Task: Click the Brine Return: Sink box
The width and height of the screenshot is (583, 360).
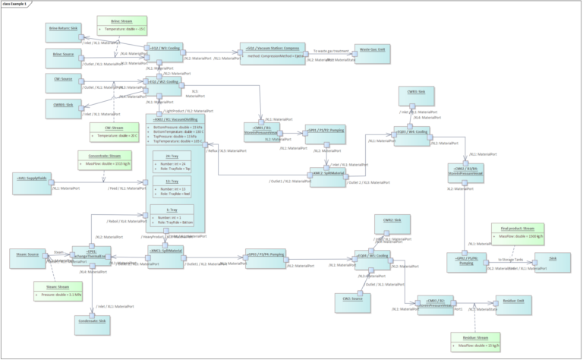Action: click(x=64, y=30)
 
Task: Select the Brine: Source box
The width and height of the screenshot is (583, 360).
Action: click(x=63, y=56)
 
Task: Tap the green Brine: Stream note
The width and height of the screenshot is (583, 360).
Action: click(x=121, y=24)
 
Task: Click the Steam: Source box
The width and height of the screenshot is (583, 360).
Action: click(x=28, y=257)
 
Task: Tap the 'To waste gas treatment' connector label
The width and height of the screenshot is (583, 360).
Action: click(x=331, y=50)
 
